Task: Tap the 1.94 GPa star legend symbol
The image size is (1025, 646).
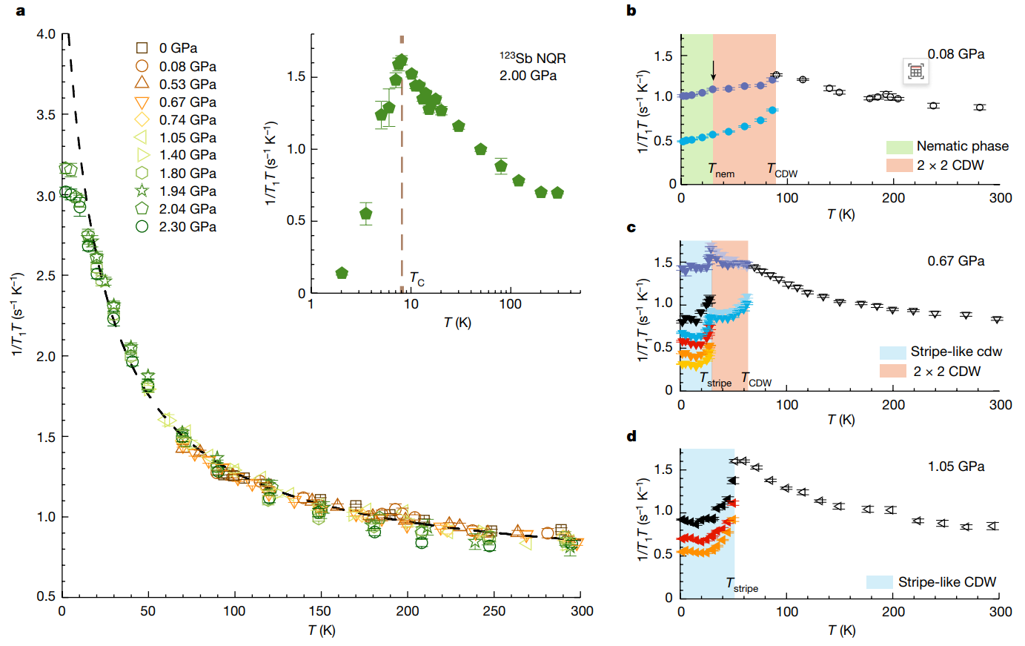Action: [142, 191]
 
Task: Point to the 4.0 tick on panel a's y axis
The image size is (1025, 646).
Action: [46, 34]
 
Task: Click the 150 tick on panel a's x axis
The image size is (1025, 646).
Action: [321, 611]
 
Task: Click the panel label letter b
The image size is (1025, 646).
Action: [631, 11]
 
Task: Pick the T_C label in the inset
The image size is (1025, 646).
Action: [417, 280]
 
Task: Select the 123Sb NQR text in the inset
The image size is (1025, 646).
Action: [532, 58]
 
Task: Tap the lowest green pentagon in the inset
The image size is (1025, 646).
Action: [342, 273]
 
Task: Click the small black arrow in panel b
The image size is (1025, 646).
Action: [713, 70]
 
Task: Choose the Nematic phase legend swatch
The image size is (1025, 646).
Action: [898, 146]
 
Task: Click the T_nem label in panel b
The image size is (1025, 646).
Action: [721, 171]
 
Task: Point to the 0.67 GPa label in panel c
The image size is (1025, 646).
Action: [956, 261]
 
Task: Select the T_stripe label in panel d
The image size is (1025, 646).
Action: [742, 585]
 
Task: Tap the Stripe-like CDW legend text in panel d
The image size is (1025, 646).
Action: [947, 582]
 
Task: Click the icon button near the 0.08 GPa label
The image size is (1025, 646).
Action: [916, 71]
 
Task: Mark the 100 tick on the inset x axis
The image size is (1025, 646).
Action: [510, 304]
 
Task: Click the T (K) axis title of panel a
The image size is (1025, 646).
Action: [322, 631]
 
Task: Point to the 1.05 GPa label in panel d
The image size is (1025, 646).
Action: [956, 467]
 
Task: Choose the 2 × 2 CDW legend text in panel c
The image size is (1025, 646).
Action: [946, 371]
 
